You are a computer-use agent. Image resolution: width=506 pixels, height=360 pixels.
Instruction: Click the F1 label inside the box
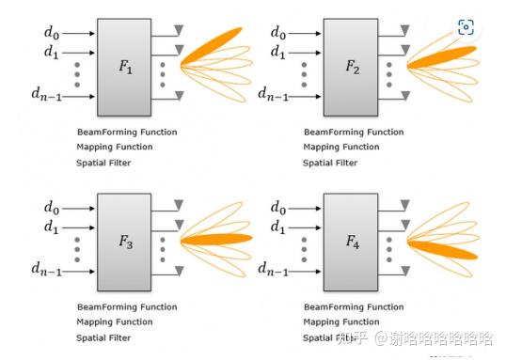point(124,68)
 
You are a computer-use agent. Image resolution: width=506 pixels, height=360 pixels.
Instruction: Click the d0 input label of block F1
point(52,32)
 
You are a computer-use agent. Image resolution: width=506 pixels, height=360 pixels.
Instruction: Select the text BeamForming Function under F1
point(127,133)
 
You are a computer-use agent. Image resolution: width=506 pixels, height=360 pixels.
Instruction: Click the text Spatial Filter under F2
point(329,163)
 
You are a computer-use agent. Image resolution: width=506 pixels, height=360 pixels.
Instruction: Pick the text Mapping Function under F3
point(116,322)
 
